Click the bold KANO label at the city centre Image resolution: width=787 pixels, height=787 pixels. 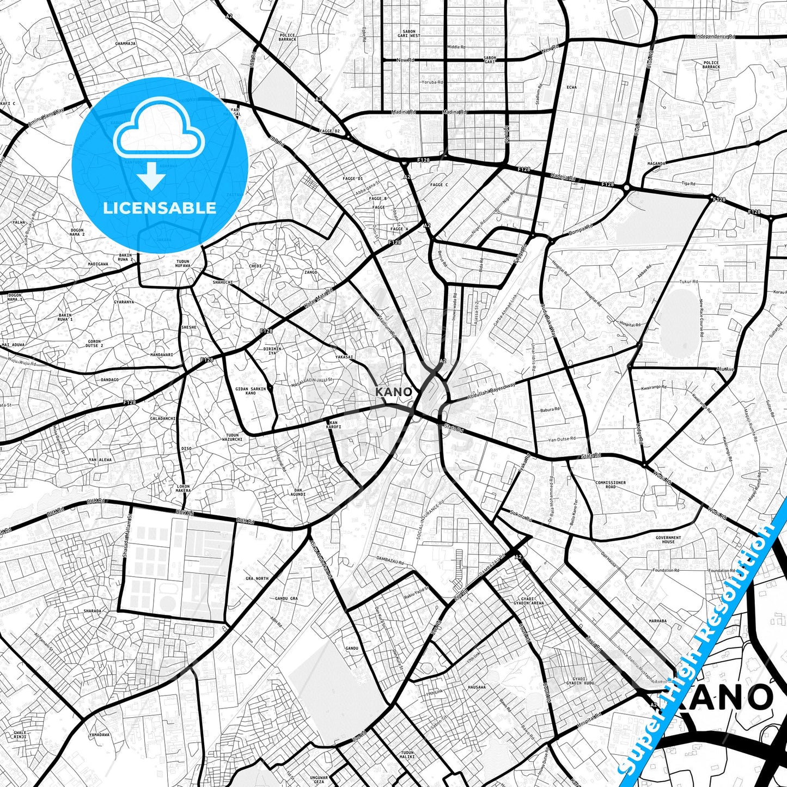tap(394, 392)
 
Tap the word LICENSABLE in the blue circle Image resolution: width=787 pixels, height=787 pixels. tap(160, 208)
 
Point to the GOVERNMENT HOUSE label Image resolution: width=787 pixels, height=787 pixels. tap(668, 540)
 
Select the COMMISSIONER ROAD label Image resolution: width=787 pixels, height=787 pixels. tap(611, 485)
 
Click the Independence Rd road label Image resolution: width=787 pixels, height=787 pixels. tap(715, 36)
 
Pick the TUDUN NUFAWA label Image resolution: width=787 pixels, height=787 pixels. tap(183, 264)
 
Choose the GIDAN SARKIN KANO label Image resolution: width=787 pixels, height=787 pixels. tap(251, 391)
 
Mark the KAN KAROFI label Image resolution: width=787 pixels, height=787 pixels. tap(333, 425)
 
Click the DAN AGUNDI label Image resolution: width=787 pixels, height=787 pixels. tap(298, 492)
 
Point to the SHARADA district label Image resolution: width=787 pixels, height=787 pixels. tap(92, 611)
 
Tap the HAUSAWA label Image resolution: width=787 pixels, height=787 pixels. tap(477, 687)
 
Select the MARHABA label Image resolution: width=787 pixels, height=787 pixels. tap(657, 621)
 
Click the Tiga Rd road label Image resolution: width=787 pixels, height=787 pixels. tap(688, 184)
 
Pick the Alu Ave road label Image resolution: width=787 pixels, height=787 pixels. tap(725, 369)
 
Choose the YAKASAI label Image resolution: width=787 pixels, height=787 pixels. tap(344, 357)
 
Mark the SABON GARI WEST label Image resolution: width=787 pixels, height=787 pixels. tap(408, 34)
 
